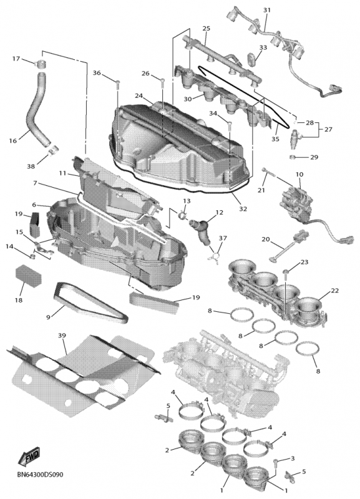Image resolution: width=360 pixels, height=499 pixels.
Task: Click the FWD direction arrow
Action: (29, 456)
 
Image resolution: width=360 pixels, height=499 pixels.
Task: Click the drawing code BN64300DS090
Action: (40, 475)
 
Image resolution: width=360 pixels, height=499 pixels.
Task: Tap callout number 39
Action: (62, 336)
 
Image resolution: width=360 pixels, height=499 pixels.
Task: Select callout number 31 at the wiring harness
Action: (267, 10)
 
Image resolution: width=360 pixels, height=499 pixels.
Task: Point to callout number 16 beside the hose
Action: (12, 140)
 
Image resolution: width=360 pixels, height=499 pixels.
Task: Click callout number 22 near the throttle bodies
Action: (334, 291)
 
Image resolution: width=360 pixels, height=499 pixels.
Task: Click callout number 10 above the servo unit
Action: (299, 175)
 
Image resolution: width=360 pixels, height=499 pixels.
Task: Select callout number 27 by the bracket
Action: (328, 130)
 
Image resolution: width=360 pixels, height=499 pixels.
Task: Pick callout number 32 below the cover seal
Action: (243, 209)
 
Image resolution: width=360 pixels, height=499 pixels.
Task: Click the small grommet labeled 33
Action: (252, 59)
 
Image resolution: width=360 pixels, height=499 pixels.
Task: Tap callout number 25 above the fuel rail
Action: (207, 28)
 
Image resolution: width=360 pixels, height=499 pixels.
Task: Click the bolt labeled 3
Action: (276, 463)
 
